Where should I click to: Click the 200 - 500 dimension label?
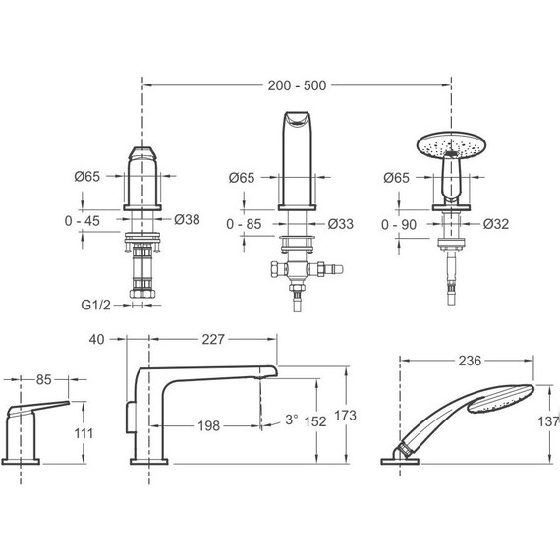coord(297,85)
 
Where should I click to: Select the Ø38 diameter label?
coord(187,220)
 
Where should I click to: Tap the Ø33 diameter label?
coord(340,224)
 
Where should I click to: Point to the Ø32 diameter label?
coord(496,224)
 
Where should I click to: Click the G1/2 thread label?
coord(95,305)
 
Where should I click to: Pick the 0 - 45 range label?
coord(83,221)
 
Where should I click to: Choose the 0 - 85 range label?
coord(244,224)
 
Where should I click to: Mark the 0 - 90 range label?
coord(399,225)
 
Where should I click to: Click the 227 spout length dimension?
coord(213,339)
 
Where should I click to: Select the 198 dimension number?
coord(209,425)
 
